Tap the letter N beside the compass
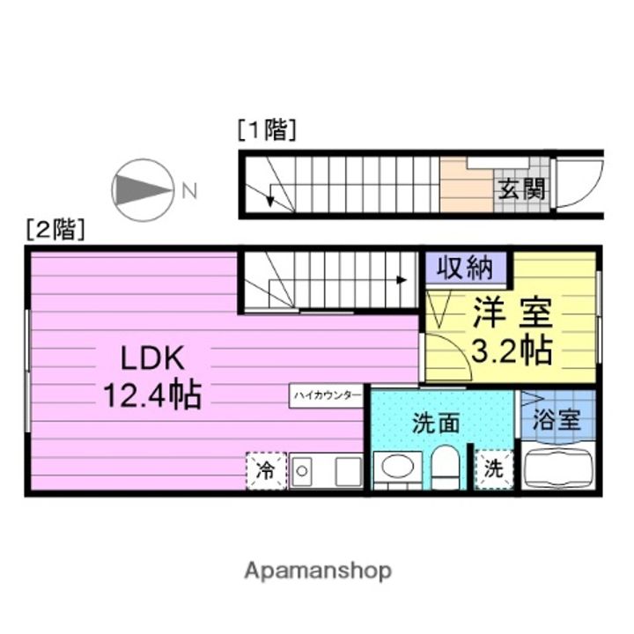tap(189, 189)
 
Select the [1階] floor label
tap(267, 130)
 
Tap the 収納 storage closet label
tap(466, 268)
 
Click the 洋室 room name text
tap(512, 313)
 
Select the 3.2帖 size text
tap(512, 350)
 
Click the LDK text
tap(151, 358)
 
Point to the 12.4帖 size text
tap(151, 394)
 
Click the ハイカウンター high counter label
tap(326, 396)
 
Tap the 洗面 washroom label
tap(436, 423)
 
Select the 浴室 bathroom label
tap(558, 418)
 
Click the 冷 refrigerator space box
tap(265, 470)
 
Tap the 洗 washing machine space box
tap(495, 469)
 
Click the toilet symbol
tap(446, 467)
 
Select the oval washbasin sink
tap(398, 467)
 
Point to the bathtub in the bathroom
tap(560, 468)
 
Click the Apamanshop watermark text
tap(318, 571)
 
